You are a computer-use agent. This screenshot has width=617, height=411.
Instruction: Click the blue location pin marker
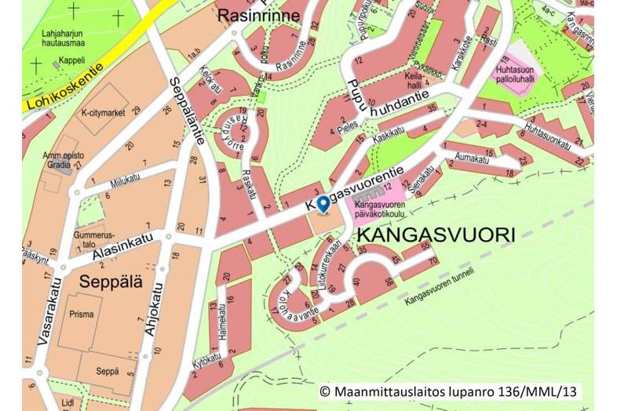pos(323,203)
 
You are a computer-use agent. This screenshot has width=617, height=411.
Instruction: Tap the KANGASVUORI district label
pos(436,235)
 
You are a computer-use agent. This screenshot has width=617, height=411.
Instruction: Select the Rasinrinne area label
pos(258,14)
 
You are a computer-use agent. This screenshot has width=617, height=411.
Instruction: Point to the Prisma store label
pos(81,315)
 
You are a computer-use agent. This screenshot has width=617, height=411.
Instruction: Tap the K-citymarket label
pos(104,113)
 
